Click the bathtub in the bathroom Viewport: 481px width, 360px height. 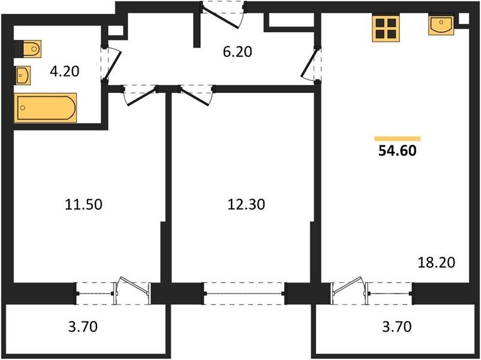click(x=45, y=108)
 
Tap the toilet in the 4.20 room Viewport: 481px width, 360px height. click(x=28, y=49)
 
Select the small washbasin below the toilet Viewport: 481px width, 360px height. click(x=23, y=75)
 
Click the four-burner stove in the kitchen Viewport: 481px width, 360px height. click(x=386, y=28)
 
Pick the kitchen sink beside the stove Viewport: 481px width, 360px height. click(x=441, y=25)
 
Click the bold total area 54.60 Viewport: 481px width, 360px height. click(x=397, y=151)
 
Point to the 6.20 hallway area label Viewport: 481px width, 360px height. click(x=238, y=52)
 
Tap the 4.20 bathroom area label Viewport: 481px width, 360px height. click(x=65, y=71)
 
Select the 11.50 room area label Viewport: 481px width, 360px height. click(x=83, y=205)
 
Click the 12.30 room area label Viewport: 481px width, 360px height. click(x=246, y=204)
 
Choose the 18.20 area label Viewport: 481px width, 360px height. click(x=437, y=262)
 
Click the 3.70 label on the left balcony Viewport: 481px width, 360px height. click(x=83, y=326)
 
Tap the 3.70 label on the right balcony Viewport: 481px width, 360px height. click(x=397, y=326)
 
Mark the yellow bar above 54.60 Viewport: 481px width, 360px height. click(x=397, y=139)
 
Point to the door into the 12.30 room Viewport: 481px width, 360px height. click(x=196, y=95)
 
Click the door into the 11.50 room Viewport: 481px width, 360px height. click(x=140, y=95)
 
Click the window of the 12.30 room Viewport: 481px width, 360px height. click(x=245, y=294)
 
